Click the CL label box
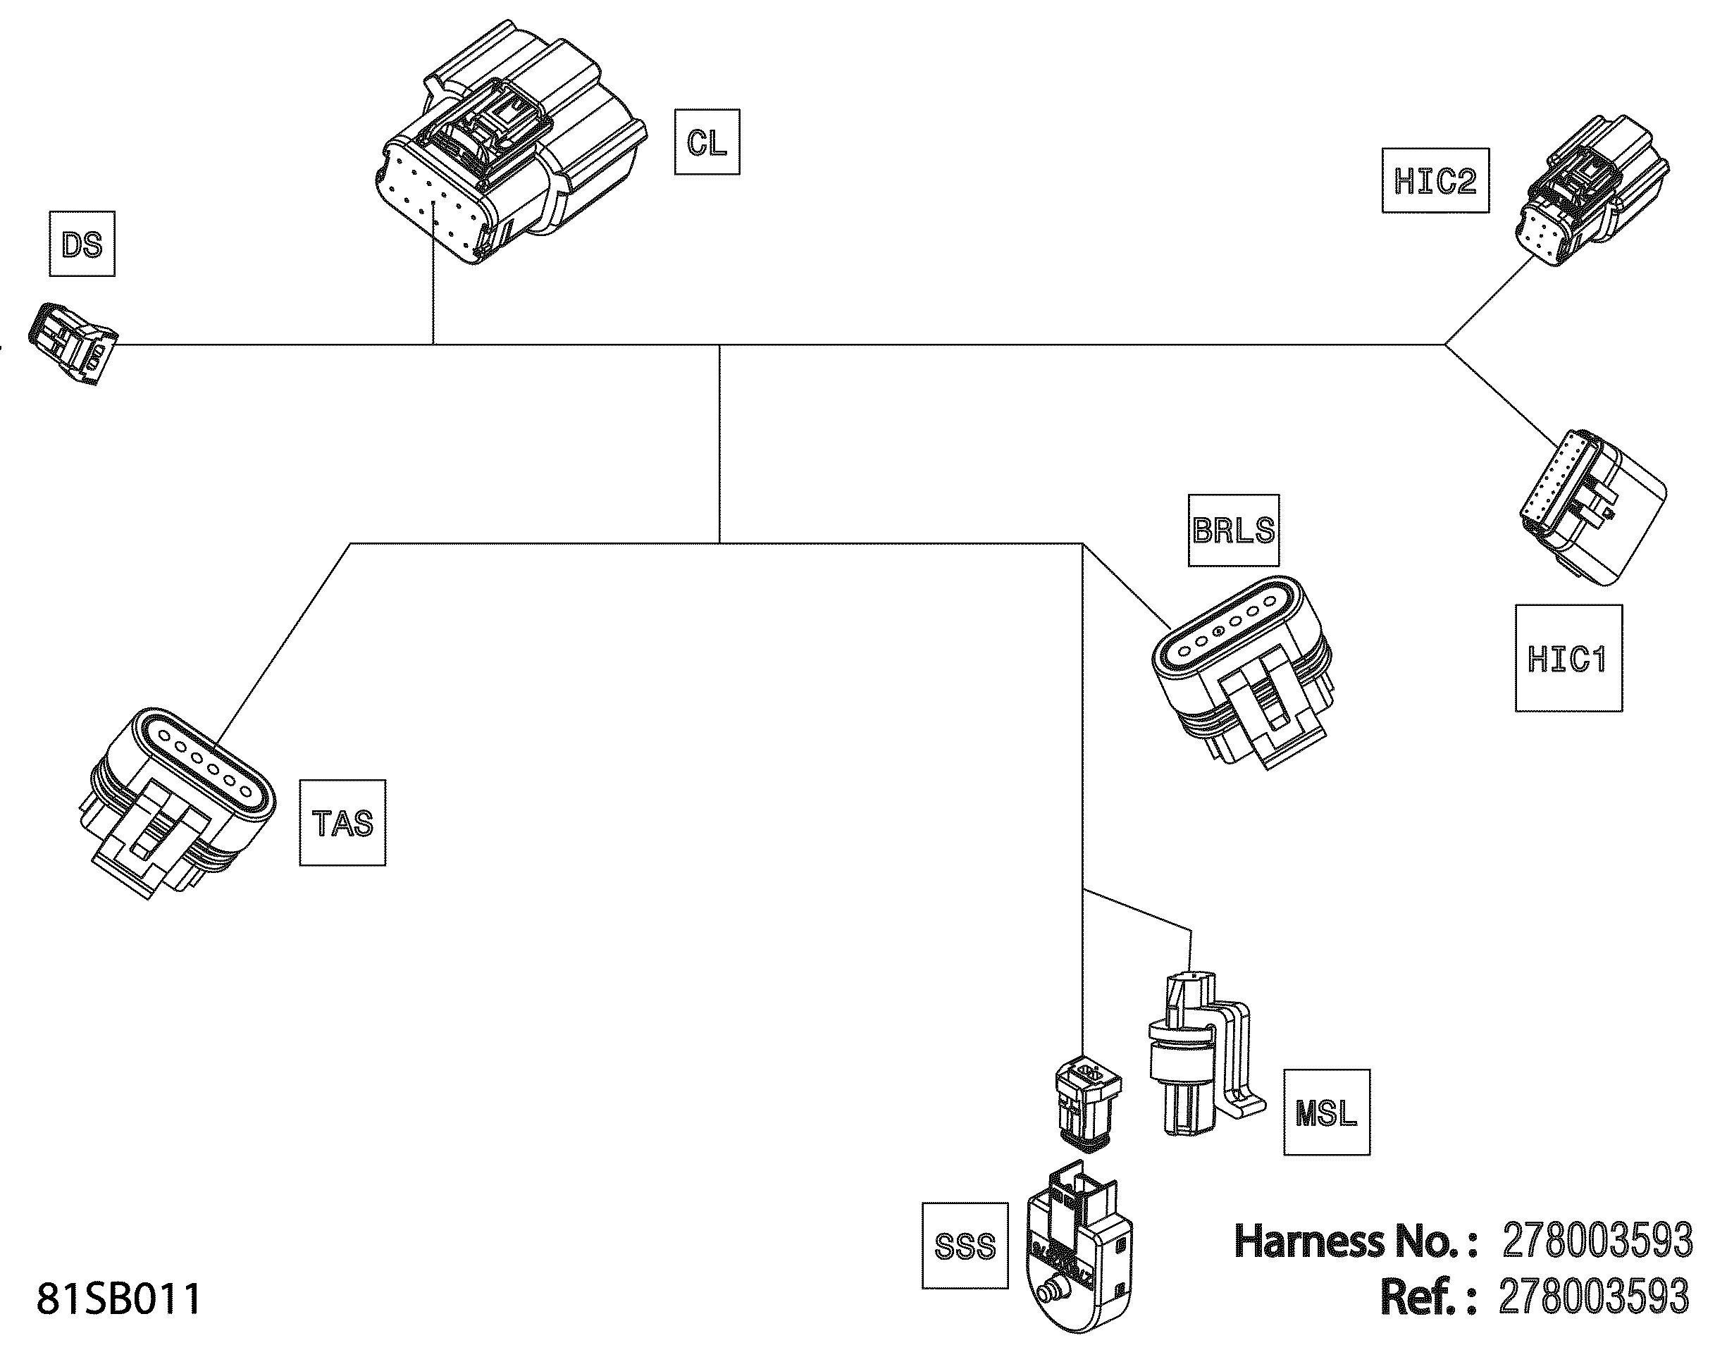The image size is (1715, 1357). click(x=706, y=142)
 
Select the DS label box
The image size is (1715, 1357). click(x=82, y=244)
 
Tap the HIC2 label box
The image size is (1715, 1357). click(x=1435, y=181)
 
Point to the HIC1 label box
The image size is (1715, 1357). click(x=1568, y=659)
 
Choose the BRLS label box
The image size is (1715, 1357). click(x=1233, y=530)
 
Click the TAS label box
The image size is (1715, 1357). click(x=342, y=823)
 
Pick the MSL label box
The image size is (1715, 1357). click(x=1326, y=1113)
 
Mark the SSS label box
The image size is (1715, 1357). click(x=965, y=1246)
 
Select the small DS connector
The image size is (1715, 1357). click(x=73, y=343)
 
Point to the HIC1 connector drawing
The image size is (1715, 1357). click(x=1592, y=509)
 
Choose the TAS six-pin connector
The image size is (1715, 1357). click(x=179, y=798)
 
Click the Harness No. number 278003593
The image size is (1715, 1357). click(x=1597, y=1240)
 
